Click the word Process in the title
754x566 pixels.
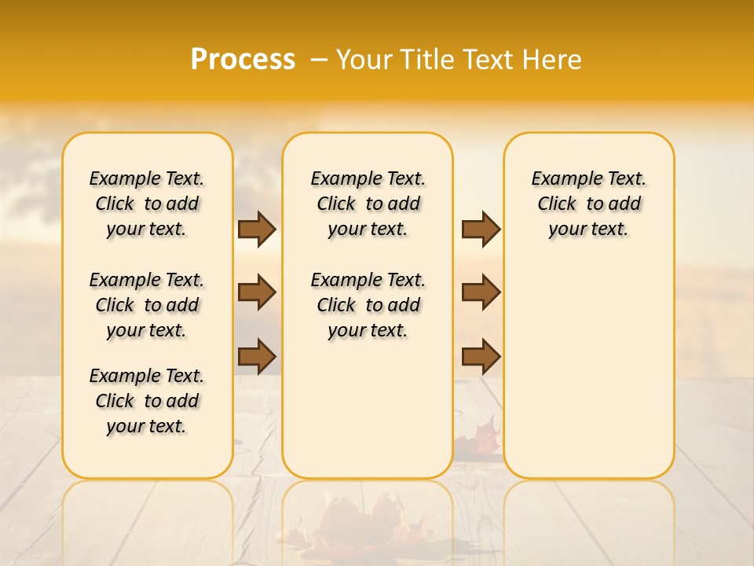pos(243,60)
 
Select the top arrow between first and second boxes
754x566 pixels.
pos(257,229)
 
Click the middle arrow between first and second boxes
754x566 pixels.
pos(257,292)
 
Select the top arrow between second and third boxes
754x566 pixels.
pos(481,229)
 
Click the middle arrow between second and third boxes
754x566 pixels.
pos(481,292)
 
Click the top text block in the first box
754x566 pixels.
pos(147,204)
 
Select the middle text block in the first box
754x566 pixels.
pos(147,305)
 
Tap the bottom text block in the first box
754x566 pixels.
pos(147,401)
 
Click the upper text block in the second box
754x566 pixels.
pos(368,204)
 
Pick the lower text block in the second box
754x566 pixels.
pos(368,305)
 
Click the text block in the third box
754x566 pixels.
pos(588,204)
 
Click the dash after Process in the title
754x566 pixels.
pos(319,60)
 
